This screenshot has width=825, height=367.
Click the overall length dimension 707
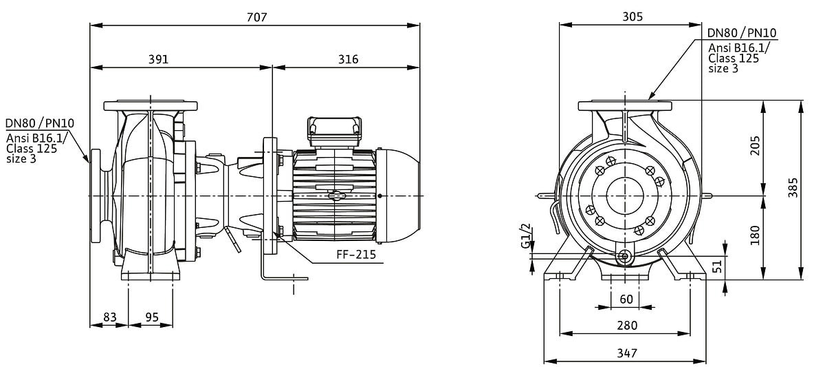coord(255,17)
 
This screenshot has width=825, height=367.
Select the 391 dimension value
coord(159,59)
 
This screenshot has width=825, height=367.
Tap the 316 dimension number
coord(348,59)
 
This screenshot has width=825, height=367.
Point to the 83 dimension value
coord(109,317)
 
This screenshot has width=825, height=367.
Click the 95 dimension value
coord(151,317)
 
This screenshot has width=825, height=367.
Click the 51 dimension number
coord(718,266)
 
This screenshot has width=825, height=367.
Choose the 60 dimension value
coord(626,299)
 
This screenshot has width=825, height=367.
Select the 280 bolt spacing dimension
coord(626,325)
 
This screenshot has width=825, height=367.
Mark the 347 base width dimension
coord(626,353)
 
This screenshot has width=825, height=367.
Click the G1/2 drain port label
coord(526,236)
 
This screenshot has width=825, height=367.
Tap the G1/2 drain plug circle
coord(625,257)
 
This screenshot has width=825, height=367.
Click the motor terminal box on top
coord(334,128)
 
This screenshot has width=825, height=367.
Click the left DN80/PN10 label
coord(40,123)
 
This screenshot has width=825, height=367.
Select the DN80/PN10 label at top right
coord(742,33)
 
